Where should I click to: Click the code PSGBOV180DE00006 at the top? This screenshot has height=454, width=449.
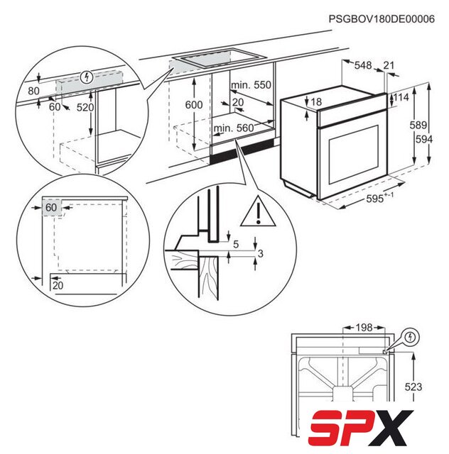pyautogui.click(x=382, y=19)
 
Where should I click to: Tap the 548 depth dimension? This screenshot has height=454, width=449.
pyautogui.click(x=363, y=65)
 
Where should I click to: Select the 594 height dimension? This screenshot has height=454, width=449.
pyautogui.click(x=424, y=139)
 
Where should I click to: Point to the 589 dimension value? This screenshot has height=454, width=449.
pyautogui.click(x=418, y=125)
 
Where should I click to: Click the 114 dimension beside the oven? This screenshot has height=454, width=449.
pyautogui.click(x=401, y=97)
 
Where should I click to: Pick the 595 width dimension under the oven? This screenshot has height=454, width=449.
pyautogui.click(x=374, y=199)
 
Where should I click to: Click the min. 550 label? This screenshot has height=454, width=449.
pyautogui.click(x=251, y=85)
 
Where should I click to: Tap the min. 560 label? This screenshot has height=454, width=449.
pyautogui.click(x=234, y=128)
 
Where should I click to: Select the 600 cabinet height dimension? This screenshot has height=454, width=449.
pyautogui.click(x=194, y=104)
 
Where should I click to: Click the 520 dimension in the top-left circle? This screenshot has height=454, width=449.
pyautogui.click(x=85, y=107)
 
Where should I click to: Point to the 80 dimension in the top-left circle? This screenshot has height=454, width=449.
pyautogui.click(x=33, y=91)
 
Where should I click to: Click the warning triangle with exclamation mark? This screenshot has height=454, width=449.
pyautogui.click(x=258, y=212)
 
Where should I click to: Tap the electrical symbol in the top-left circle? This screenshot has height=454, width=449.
pyautogui.click(x=87, y=77)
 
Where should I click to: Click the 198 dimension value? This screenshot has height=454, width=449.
pyautogui.click(x=364, y=328)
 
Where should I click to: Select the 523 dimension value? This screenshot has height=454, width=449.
pyautogui.click(x=413, y=387)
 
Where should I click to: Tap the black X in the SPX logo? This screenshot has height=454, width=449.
pyautogui.click(x=392, y=428)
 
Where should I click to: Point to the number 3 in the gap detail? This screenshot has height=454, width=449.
pyautogui.click(x=261, y=254)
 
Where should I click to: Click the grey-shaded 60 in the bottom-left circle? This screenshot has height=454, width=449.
pyautogui.click(x=51, y=208)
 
